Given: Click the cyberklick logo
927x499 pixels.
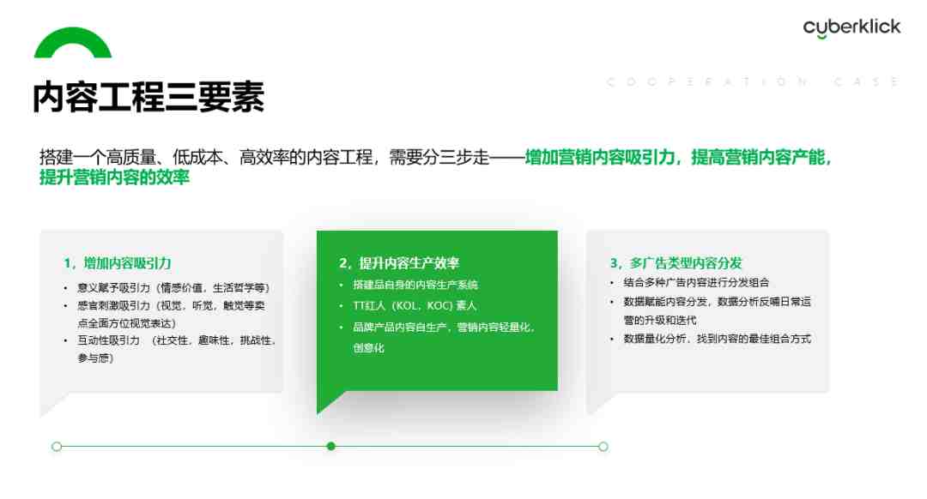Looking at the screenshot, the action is (851, 27).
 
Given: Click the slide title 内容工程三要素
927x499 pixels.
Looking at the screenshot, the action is (148, 97).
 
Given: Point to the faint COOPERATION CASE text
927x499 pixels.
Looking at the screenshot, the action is (754, 81).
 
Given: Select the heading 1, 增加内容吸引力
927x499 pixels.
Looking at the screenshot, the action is (117, 262).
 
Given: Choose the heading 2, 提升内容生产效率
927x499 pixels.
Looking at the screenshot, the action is (399, 262).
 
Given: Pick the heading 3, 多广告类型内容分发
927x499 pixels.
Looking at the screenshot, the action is (676, 262).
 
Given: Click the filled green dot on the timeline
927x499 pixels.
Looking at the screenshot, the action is (331, 447).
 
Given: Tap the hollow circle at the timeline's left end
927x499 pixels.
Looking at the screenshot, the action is (57, 447).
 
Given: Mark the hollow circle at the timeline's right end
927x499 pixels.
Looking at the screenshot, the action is (603, 447).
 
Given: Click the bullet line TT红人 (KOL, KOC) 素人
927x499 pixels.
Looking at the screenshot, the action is (415, 305).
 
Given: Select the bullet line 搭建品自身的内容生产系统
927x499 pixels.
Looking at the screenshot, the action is (415, 285).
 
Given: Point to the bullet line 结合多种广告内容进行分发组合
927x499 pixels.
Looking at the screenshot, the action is (696, 282).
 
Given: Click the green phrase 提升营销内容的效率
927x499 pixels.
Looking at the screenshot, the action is (115, 177).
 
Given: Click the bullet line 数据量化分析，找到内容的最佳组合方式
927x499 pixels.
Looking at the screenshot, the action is (717, 339).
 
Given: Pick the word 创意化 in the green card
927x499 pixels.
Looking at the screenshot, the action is (368, 348).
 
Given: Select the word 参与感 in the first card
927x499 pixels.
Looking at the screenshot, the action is (95, 358).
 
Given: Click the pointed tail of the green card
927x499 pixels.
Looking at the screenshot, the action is (319, 411).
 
